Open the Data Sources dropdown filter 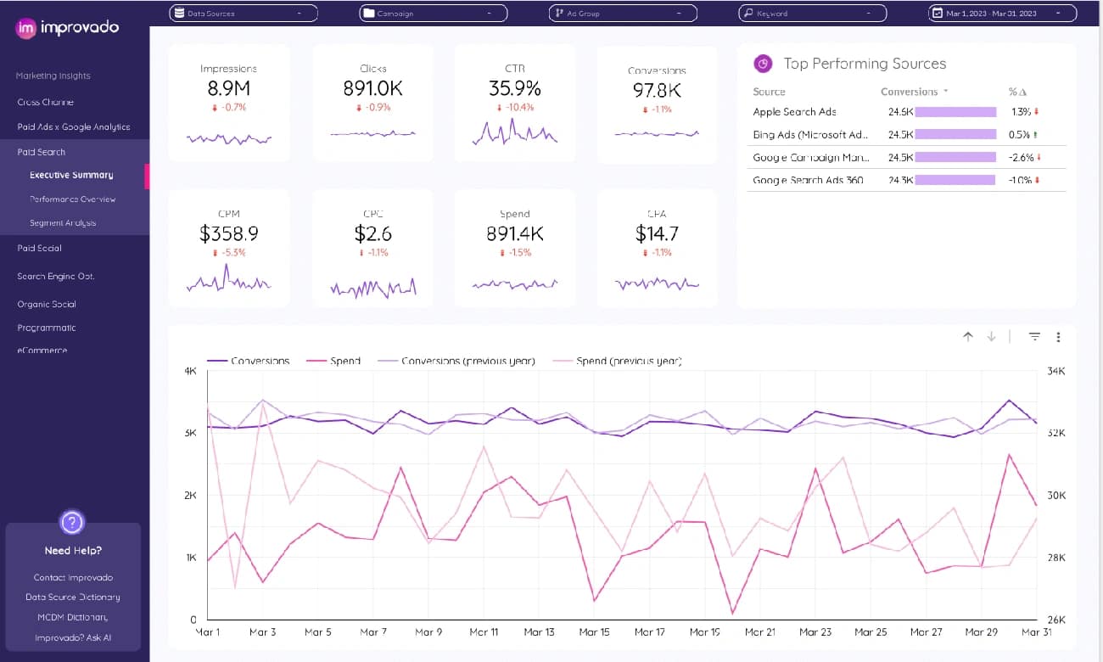(x=244, y=14)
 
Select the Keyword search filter (x=812, y=14)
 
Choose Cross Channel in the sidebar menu (x=46, y=102)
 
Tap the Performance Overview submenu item (x=73, y=199)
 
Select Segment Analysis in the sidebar (x=63, y=223)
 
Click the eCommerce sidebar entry (x=42, y=350)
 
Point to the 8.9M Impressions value (x=228, y=88)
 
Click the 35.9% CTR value (x=514, y=88)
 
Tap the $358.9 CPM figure (x=228, y=233)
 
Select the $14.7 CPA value (x=657, y=233)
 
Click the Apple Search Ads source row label (x=795, y=112)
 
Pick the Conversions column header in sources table (x=909, y=92)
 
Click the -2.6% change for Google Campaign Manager (x=1021, y=158)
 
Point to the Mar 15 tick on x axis (x=594, y=632)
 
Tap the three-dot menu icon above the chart (x=1058, y=337)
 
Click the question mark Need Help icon (x=73, y=521)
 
